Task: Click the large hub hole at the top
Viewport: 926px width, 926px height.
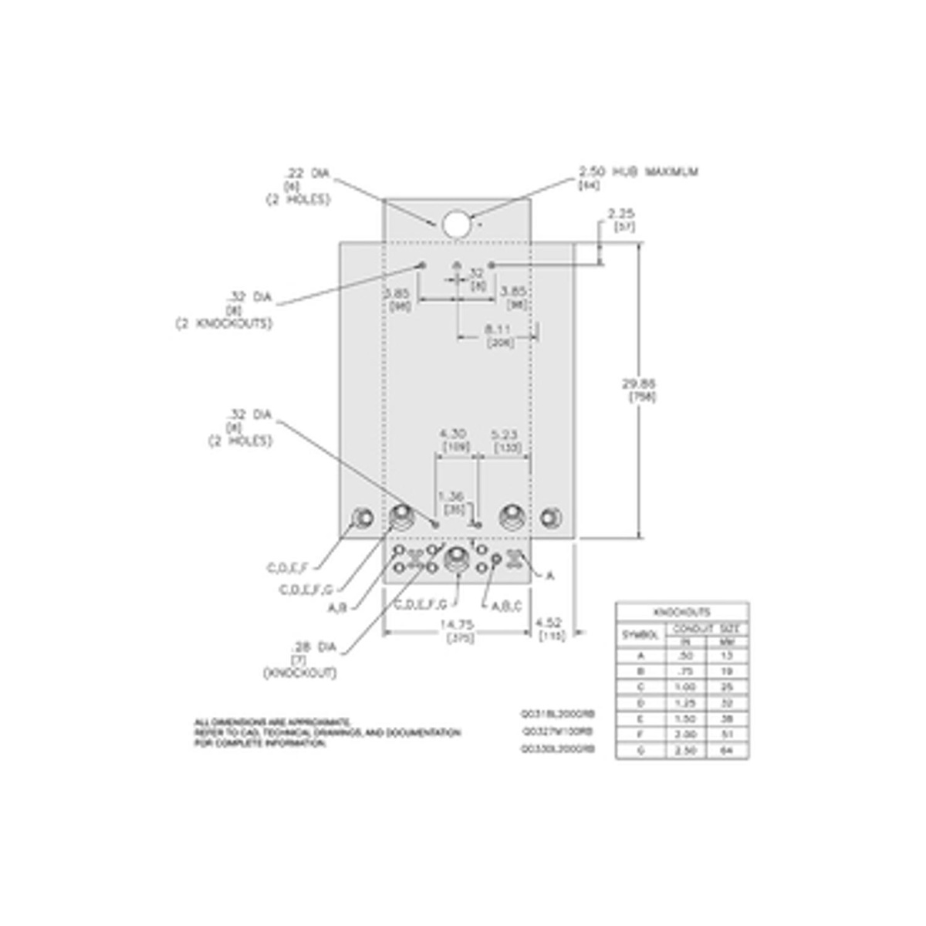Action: point(456,224)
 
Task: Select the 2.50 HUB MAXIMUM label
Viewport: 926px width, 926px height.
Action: point(638,172)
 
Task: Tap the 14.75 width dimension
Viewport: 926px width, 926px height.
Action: point(456,624)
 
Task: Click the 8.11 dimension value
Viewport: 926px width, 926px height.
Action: point(499,330)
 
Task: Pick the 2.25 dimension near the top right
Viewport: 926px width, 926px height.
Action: point(621,214)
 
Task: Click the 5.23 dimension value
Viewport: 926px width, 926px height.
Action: point(506,434)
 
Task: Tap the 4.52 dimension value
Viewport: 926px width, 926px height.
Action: point(549,622)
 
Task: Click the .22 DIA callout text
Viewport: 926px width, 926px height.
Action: point(307,174)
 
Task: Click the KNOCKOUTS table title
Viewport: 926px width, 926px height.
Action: point(682,612)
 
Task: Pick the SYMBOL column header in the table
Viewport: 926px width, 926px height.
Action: point(640,635)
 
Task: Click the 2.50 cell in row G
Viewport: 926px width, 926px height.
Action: point(684,749)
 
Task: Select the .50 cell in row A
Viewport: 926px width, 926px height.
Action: point(684,656)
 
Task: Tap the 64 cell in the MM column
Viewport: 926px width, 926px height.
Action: point(727,749)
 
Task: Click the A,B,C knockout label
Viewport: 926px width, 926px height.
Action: point(506,606)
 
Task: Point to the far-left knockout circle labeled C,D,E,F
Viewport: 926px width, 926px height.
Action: point(361,517)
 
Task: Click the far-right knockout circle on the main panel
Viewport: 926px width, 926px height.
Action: point(550,517)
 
